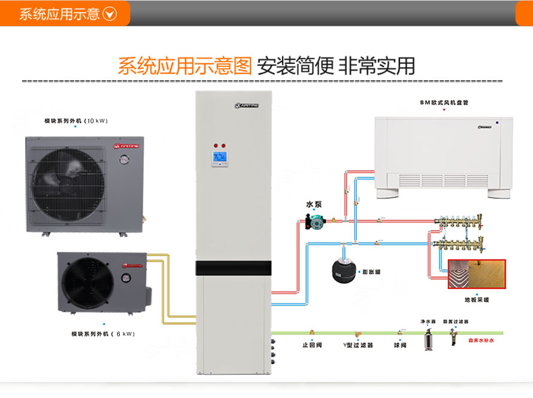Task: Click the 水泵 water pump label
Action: (x=314, y=204)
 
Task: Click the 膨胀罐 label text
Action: (x=372, y=272)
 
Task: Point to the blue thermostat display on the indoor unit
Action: (x=220, y=158)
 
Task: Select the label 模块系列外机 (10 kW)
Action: (x=75, y=121)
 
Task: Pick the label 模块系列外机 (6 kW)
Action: (x=103, y=333)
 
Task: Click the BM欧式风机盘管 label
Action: (x=444, y=102)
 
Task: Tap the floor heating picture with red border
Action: (x=477, y=274)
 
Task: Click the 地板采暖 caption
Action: (x=477, y=299)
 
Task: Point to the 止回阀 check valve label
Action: (x=312, y=345)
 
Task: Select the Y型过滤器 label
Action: (x=358, y=345)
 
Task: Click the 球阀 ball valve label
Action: (x=400, y=345)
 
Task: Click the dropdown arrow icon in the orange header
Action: (x=110, y=14)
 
